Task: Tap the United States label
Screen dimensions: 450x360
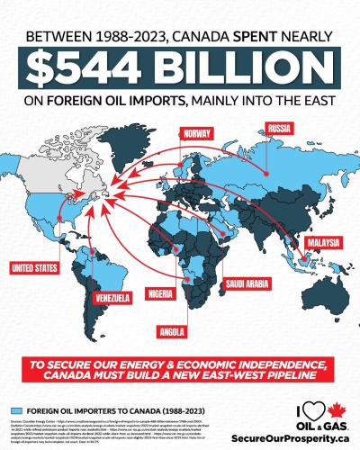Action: coord(34,267)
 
